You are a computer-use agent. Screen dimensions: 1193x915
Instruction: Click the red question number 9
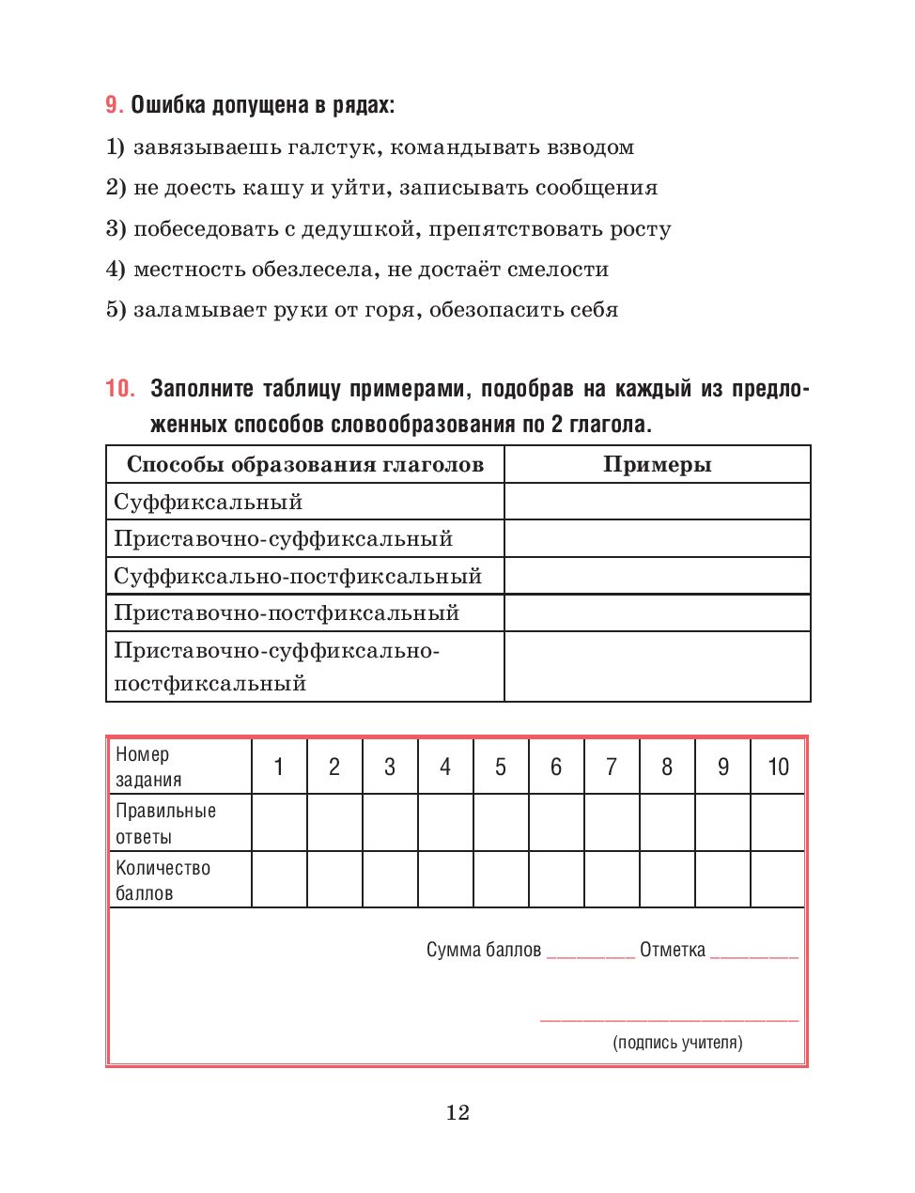click(114, 105)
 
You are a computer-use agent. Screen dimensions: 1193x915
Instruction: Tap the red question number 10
click(120, 389)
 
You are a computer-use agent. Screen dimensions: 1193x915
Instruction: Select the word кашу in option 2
click(272, 188)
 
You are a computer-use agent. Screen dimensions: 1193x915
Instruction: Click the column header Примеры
click(657, 464)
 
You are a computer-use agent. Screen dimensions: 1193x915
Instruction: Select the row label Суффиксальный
click(209, 502)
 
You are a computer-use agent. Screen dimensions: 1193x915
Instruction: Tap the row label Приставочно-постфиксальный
click(287, 613)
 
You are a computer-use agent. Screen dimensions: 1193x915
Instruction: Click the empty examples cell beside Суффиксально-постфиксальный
click(657, 576)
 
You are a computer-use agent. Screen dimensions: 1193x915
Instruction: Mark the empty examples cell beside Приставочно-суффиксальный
click(657, 539)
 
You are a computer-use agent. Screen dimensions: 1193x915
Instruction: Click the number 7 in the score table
click(612, 767)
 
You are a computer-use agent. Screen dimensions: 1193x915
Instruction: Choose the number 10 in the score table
click(778, 767)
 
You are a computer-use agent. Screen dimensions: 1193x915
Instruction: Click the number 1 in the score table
click(279, 767)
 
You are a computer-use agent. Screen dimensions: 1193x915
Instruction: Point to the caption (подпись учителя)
click(677, 1042)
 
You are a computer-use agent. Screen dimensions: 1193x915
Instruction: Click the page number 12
click(457, 1113)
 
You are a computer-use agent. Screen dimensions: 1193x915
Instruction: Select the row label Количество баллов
click(163, 880)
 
